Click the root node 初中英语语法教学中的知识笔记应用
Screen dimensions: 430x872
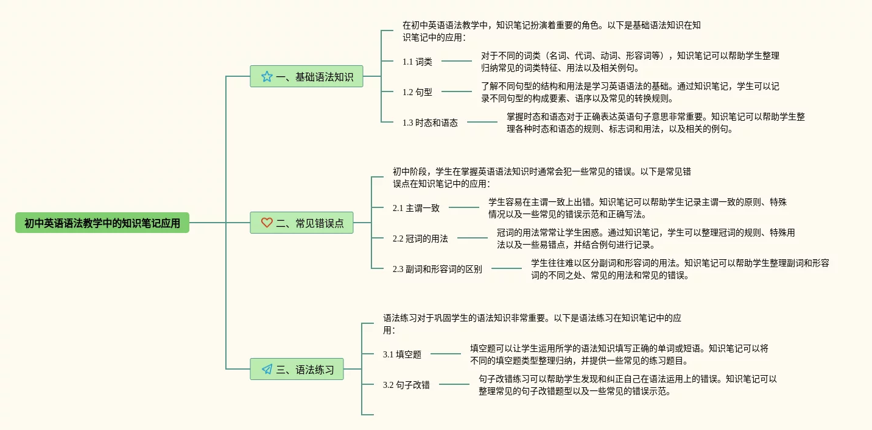pyautogui.click(x=102, y=223)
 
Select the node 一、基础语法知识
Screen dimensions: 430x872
pyautogui.click(x=306, y=77)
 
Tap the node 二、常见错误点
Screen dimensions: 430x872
pyautogui.click(x=301, y=223)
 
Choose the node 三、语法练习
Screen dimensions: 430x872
pyautogui.click(x=297, y=369)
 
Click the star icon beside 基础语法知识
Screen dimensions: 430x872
pyautogui.click(x=267, y=77)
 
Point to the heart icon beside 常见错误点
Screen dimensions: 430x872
pyautogui.click(x=267, y=223)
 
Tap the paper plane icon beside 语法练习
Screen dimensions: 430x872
pyautogui.click(x=267, y=369)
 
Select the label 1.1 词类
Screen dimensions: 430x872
pyautogui.click(x=417, y=62)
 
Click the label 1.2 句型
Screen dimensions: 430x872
pyautogui.click(x=417, y=92)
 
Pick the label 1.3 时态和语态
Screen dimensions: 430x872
pyautogui.click(x=430, y=123)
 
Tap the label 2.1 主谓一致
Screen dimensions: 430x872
pyautogui.click(x=416, y=208)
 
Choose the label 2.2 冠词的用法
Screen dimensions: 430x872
pyautogui.click(x=420, y=238)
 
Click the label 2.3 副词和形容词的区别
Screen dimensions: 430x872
pyautogui.click(x=437, y=269)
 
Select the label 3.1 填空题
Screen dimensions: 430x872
pyautogui.click(x=402, y=354)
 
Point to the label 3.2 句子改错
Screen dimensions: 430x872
pyautogui.click(x=406, y=385)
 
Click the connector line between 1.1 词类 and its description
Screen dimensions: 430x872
pyautogui.click(x=457, y=61)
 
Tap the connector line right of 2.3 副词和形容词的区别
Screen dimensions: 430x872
pyautogui.click(x=507, y=268)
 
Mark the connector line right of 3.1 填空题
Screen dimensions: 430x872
pyautogui.click(x=446, y=354)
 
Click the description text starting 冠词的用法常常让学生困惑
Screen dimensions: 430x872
pyautogui.click(x=645, y=238)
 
